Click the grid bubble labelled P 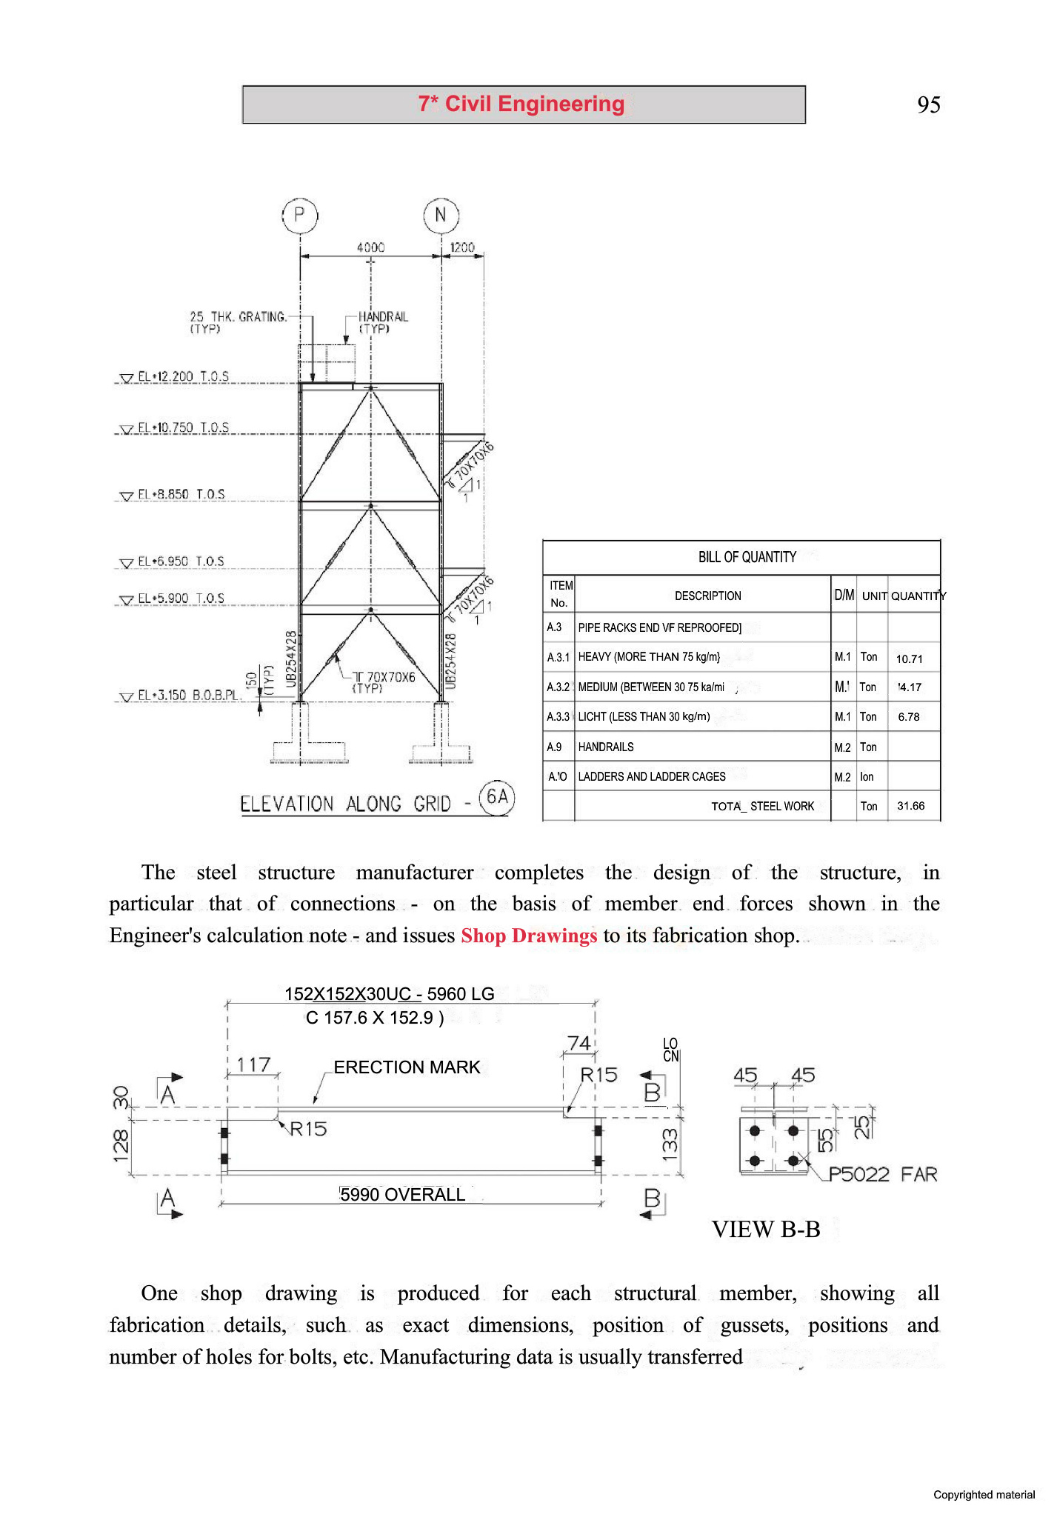coord(299,216)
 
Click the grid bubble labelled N coord(441,216)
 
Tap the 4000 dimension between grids coord(370,247)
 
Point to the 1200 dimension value coord(462,247)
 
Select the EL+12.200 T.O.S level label coord(183,376)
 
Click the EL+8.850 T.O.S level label coord(181,494)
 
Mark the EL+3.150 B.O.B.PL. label coord(189,695)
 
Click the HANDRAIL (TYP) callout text coord(382,322)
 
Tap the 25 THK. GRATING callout coord(238,322)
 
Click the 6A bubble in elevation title coord(497,797)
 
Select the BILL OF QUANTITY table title coord(747,557)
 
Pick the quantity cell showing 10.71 coord(909,659)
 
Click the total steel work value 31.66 coord(910,806)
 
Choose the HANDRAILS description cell coord(606,747)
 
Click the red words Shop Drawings coord(528,936)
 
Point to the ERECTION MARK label coord(407,1067)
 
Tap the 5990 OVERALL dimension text coord(402,1195)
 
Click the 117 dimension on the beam coord(253,1065)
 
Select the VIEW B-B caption coord(765,1230)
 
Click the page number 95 coord(928,104)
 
